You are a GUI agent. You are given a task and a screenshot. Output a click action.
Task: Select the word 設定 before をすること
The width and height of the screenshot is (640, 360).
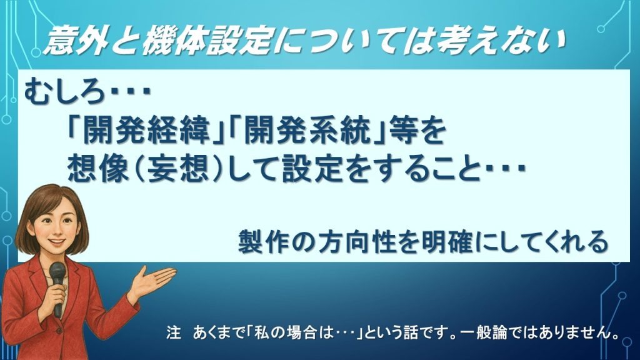[331, 167]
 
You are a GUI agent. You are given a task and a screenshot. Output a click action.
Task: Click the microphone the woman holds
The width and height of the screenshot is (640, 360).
[57, 275]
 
